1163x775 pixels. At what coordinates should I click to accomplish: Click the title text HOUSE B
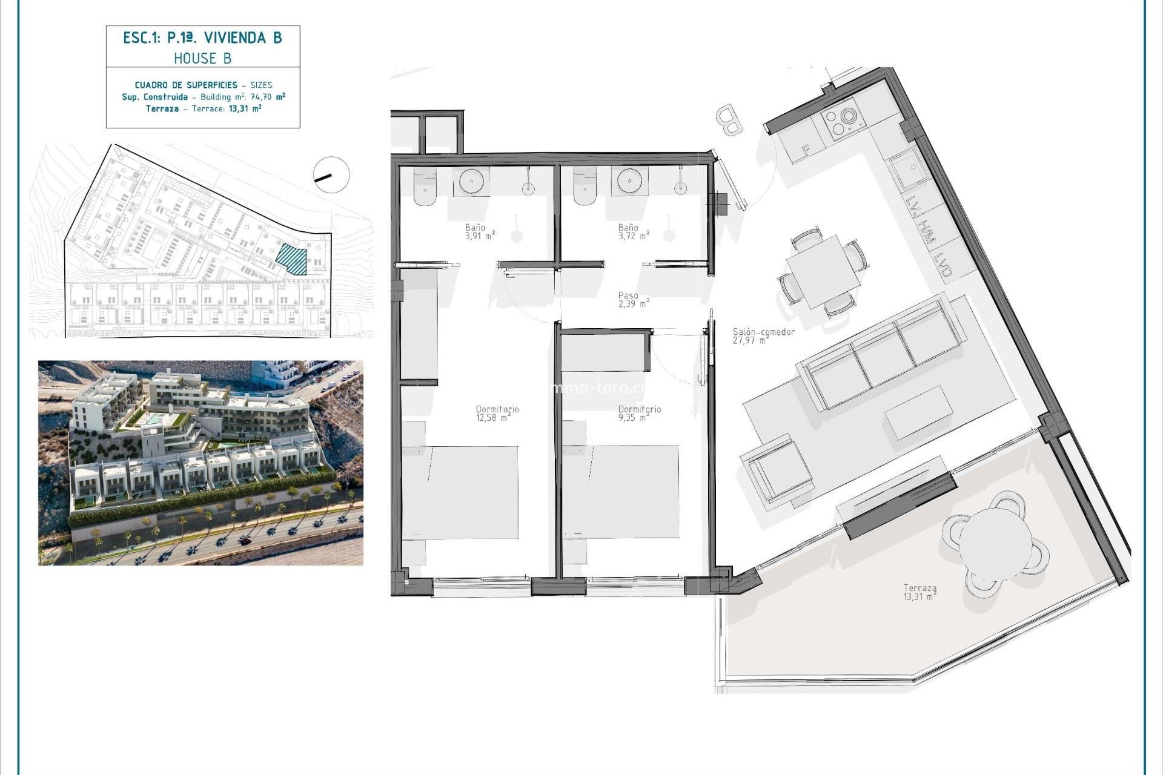pyautogui.click(x=202, y=58)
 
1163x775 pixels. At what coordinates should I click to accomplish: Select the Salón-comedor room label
pyautogui.click(x=763, y=335)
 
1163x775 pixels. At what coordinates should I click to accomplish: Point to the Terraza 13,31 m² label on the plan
pyautogui.click(x=919, y=592)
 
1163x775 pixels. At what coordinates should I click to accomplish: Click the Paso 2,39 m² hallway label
pyautogui.click(x=633, y=300)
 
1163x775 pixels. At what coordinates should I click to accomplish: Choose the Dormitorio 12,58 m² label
pyautogui.click(x=497, y=413)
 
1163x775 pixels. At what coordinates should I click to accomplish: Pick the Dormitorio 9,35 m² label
pyautogui.click(x=639, y=413)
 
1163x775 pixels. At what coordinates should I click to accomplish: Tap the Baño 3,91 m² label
pyautogui.click(x=480, y=232)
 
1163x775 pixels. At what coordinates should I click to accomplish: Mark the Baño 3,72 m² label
pyautogui.click(x=633, y=232)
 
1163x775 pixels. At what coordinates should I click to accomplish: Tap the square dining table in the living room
pyautogui.click(x=823, y=271)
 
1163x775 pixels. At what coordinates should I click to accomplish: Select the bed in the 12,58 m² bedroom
pyautogui.click(x=460, y=492)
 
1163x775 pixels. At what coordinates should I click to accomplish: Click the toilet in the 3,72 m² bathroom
pyautogui.click(x=585, y=185)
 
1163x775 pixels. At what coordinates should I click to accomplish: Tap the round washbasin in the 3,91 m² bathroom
pyautogui.click(x=471, y=181)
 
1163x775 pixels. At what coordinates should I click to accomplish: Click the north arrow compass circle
pyautogui.click(x=331, y=175)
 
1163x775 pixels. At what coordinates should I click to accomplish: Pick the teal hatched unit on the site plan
pyautogui.click(x=292, y=259)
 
